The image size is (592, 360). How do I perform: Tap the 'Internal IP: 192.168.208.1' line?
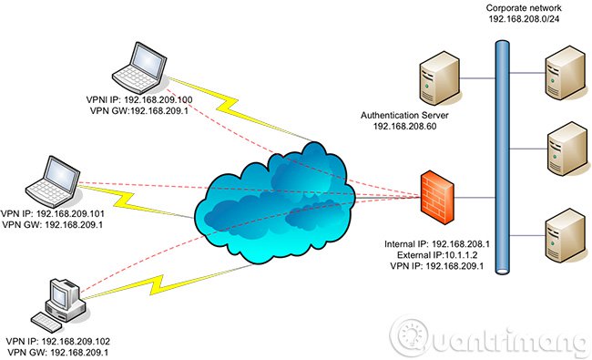coord(437,245)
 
